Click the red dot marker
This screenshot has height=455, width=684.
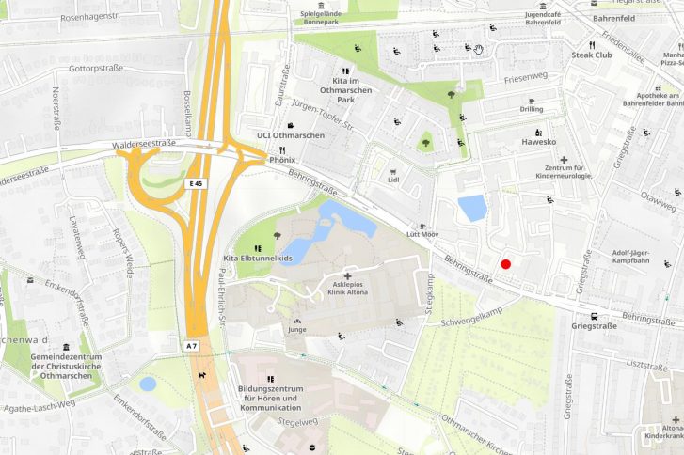pyautogui.click(x=506, y=264)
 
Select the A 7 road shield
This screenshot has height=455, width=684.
pyautogui.click(x=192, y=346)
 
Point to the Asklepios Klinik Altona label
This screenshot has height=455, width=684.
pyautogui.click(x=346, y=287)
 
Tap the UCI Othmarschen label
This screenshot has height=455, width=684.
pyautogui.click(x=290, y=135)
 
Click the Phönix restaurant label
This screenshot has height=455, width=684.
pyautogui.click(x=282, y=160)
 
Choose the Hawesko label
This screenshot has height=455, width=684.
pyautogui.click(x=538, y=142)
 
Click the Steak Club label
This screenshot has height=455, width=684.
pyautogui.click(x=592, y=55)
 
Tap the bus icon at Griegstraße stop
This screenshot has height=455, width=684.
pyautogui.click(x=594, y=316)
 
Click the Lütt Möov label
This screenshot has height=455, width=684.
pyautogui.click(x=422, y=233)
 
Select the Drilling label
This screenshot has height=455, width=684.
pyautogui.click(x=531, y=109)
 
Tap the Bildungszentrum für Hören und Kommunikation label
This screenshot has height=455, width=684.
pyautogui.click(x=270, y=399)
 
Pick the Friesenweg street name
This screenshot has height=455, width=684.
pyautogui.click(x=525, y=79)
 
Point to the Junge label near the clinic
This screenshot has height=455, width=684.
pyautogui.click(x=297, y=330)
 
